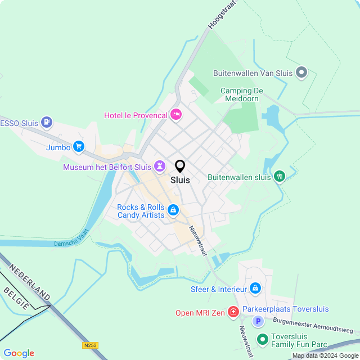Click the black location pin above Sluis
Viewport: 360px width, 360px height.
point(180,166)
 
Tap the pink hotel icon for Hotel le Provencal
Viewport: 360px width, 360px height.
point(176,115)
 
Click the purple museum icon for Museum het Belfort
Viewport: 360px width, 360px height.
point(161,166)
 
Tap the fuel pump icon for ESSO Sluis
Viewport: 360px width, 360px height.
point(47,121)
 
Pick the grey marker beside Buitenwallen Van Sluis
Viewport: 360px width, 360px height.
point(302,72)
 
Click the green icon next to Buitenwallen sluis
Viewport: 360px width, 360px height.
point(280,177)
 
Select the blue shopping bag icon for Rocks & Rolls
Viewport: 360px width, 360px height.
point(173,211)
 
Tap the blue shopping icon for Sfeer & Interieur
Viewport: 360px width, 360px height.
point(255,289)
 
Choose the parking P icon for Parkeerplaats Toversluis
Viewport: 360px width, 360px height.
point(258,321)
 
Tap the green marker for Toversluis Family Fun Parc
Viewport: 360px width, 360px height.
point(262,339)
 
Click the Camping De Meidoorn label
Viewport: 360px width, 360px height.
point(242,95)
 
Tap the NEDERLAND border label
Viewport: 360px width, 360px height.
point(30,281)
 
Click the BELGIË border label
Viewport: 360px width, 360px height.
point(16,298)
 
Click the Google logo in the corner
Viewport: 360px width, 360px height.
point(19,353)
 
